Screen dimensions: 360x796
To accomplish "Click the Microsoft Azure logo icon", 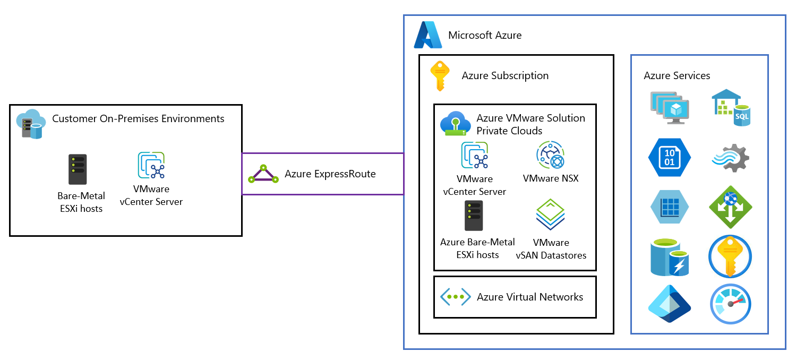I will (x=428, y=35).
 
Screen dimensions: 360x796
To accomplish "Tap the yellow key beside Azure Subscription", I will (x=440, y=75).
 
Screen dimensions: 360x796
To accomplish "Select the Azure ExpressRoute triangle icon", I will (x=263, y=174).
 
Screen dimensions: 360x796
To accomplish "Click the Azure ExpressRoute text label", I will (x=330, y=174).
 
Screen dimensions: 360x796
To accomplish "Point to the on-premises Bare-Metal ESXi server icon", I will (x=78, y=170).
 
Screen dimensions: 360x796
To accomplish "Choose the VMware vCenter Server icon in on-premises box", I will (x=151, y=166).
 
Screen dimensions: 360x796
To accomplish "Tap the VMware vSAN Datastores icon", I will (x=550, y=216).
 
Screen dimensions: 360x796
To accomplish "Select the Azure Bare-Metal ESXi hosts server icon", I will (x=474, y=216).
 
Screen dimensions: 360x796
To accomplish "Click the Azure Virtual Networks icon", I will (x=456, y=297).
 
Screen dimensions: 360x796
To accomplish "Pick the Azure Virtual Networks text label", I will (x=529, y=297).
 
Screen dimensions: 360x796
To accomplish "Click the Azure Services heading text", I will (x=677, y=76).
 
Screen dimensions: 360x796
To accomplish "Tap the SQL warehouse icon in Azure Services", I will (x=731, y=107).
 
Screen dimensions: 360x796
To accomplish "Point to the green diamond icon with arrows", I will (x=731, y=207).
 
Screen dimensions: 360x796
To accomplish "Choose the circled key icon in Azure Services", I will (x=731, y=256).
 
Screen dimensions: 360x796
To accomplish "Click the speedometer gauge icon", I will (x=731, y=304).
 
